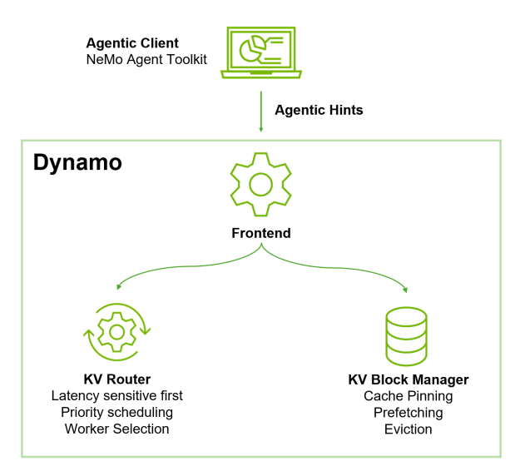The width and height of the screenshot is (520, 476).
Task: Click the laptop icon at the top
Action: pos(260,52)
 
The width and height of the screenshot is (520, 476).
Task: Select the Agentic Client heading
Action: pos(132,43)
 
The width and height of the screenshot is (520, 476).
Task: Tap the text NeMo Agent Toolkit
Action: pos(146,60)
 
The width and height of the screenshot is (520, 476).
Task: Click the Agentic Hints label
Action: pos(319,110)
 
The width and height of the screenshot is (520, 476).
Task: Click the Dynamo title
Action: pos(77,162)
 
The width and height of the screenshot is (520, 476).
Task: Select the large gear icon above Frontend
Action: pos(260,184)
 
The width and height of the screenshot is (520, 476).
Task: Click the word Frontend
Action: pos(261,233)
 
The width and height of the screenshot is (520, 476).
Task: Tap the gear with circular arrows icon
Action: pos(116,331)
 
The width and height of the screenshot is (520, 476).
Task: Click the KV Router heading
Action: pos(117,379)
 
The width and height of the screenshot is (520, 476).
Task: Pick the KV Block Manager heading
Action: pos(408,379)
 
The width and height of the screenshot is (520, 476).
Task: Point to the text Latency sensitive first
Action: pos(117,396)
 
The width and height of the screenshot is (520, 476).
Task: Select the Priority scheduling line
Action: pos(117,413)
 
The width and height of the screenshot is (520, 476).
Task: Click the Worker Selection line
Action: pos(117,429)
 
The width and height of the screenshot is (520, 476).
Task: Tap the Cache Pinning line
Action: pos(408,396)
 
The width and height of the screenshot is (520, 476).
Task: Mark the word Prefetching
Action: pos(408,413)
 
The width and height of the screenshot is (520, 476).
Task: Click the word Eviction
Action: pos(408,429)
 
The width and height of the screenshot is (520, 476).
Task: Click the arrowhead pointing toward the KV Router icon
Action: pos(120,286)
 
